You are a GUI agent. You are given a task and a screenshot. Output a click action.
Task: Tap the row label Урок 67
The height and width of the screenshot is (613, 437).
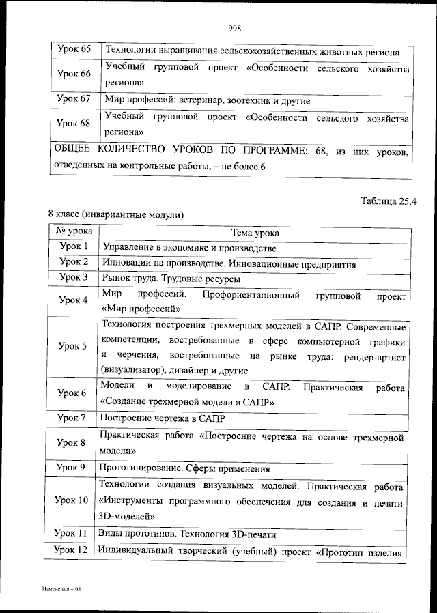[74, 100]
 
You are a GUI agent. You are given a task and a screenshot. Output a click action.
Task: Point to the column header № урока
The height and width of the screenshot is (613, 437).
[74, 232]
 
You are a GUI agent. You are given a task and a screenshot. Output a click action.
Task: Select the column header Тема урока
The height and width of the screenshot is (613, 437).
[255, 233]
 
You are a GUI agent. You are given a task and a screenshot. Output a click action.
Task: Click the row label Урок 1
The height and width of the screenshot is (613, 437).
[74, 247]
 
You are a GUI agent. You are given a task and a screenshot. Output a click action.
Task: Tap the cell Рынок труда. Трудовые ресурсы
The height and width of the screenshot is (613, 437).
[171, 279]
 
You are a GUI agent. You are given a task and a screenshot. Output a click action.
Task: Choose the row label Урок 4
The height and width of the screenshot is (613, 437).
[73, 300]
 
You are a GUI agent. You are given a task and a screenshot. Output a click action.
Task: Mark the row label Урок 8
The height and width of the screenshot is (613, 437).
[72, 442]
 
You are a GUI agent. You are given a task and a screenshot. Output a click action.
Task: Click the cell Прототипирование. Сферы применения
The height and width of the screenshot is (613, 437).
[184, 469]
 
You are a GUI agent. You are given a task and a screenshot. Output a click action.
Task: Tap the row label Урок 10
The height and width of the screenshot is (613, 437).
[72, 500]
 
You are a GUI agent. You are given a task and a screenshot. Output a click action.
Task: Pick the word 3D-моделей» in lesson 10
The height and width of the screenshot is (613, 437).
[126, 517]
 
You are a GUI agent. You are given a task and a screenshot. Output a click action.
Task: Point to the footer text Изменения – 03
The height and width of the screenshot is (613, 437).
[61, 588]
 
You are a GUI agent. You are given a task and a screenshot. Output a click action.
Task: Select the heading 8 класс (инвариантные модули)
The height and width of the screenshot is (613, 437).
[115, 215]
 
